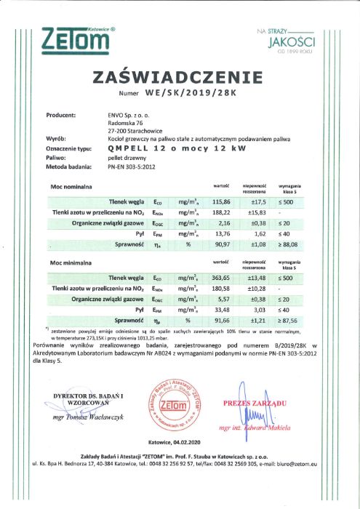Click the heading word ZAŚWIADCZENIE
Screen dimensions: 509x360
(x=179, y=78)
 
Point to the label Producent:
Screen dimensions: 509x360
(x=61, y=115)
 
